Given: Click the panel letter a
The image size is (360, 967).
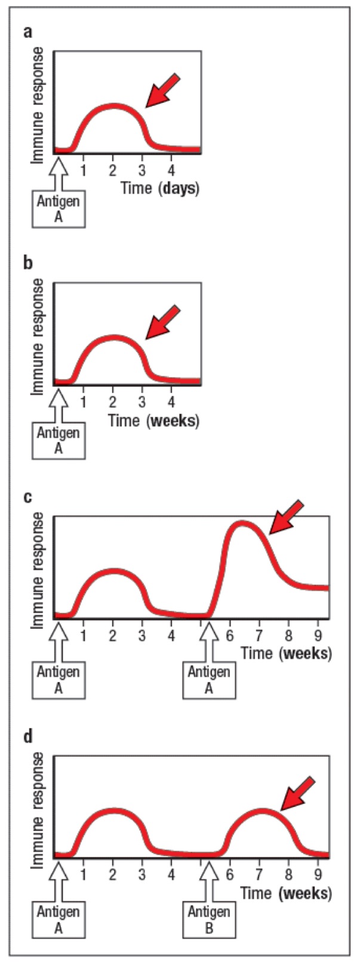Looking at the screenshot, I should [x=27, y=32].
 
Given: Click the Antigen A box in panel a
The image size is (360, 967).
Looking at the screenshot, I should [x=58, y=209].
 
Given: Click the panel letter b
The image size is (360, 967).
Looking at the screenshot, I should [x=27, y=263].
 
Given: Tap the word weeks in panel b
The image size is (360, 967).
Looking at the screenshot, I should [x=173, y=420].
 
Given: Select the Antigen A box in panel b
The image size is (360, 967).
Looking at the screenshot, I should [x=58, y=441].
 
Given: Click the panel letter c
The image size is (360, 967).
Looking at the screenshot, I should [x=27, y=496].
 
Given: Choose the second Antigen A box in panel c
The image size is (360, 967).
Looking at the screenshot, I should [x=209, y=680].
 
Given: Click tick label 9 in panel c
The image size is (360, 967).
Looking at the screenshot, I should [x=318, y=634].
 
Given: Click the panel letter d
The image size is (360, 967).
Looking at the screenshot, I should [x=27, y=736].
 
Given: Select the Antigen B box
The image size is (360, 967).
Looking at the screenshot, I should [x=209, y=920].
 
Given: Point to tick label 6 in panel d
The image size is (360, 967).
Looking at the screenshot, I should [x=230, y=876].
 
